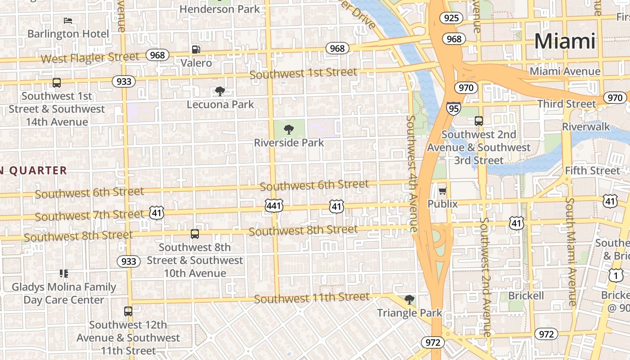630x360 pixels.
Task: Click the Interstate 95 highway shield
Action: (x=453, y=108)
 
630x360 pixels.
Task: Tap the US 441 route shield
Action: (x=274, y=206)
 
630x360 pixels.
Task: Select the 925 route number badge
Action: (x=451, y=18)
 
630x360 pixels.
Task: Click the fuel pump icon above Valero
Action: (x=196, y=49)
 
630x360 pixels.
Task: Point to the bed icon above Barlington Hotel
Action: (x=68, y=21)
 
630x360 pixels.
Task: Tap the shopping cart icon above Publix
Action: (x=442, y=191)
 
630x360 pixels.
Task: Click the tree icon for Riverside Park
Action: (x=289, y=130)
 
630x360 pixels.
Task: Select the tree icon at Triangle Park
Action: (x=409, y=300)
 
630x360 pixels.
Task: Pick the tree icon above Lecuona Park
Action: (x=220, y=92)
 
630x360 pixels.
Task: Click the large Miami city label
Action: (x=565, y=41)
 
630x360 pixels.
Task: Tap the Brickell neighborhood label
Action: (x=526, y=296)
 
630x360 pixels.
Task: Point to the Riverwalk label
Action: (x=586, y=127)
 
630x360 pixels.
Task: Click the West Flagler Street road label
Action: (x=90, y=58)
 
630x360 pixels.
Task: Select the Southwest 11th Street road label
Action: (x=311, y=298)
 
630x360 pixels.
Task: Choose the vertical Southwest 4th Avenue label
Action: (x=412, y=173)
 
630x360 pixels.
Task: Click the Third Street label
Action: (x=567, y=104)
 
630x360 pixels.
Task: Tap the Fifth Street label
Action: (x=592, y=171)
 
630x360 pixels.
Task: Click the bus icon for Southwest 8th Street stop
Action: (x=194, y=234)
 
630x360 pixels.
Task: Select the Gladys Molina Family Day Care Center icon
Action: (x=63, y=274)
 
